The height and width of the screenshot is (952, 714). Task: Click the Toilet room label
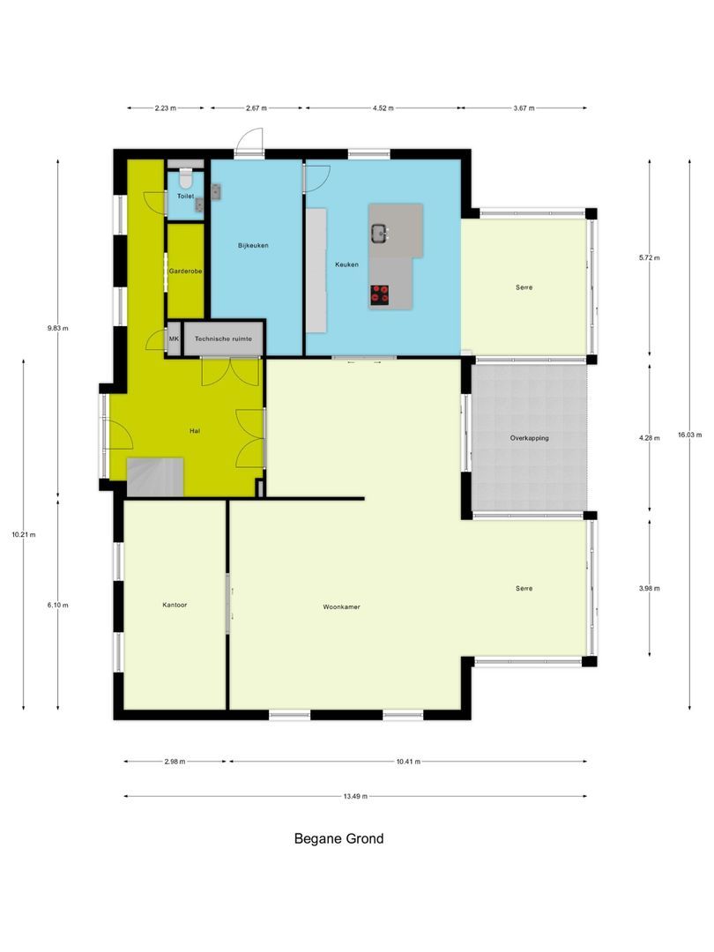coord(185,196)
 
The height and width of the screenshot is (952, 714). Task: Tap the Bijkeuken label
coord(253,245)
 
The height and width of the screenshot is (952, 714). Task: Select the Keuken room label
coord(346,264)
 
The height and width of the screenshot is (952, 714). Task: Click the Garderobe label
coord(186,271)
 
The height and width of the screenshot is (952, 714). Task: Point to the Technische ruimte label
coord(224,338)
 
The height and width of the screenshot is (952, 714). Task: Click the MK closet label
coord(174,338)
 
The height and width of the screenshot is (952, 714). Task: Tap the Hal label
coord(195,431)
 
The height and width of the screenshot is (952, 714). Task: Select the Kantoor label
coord(175,606)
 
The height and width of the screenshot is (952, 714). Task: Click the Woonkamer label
coord(341,606)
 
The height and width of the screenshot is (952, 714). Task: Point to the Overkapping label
coord(529,438)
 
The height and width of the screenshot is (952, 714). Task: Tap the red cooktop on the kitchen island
coord(381,294)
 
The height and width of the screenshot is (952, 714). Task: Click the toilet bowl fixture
coord(184,176)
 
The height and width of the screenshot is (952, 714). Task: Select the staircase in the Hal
coord(155,477)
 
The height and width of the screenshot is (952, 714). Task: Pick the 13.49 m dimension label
coord(355,796)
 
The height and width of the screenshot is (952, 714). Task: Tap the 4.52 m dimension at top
coord(383,108)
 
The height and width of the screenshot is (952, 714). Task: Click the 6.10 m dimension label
coord(58,605)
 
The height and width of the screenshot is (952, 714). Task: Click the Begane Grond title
coord(338,838)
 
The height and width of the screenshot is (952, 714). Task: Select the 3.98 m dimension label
coord(650,588)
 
